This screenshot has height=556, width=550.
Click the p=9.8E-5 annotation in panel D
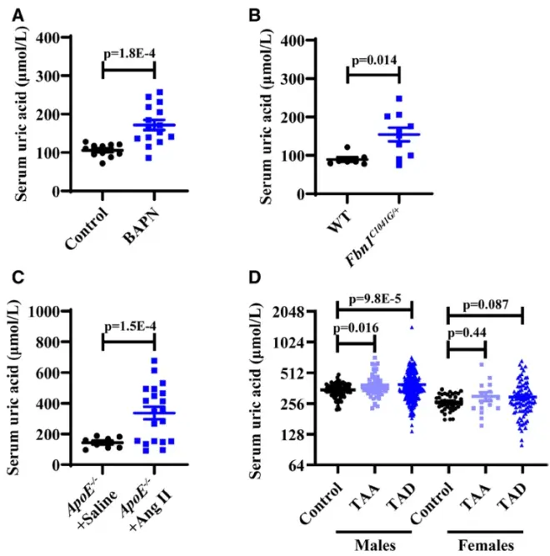click(x=375, y=299)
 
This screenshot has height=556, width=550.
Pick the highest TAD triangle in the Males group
click(x=411, y=328)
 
